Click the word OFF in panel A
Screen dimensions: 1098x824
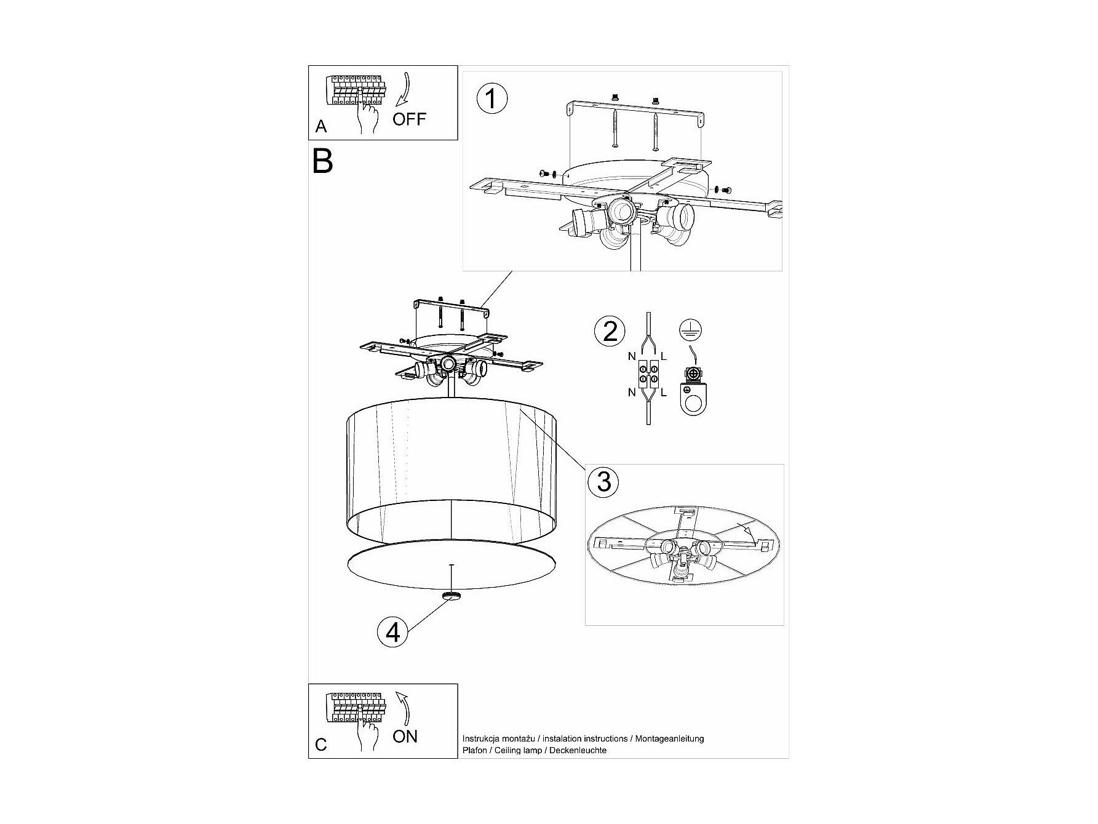pyautogui.click(x=409, y=119)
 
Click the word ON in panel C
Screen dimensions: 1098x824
pyautogui.click(x=405, y=736)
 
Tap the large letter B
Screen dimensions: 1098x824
pyautogui.click(x=322, y=161)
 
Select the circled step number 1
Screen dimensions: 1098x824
pyautogui.click(x=491, y=99)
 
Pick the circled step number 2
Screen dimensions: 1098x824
pyautogui.click(x=610, y=331)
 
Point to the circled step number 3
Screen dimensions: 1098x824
pyautogui.click(x=603, y=481)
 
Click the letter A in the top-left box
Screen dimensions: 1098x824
pyautogui.click(x=320, y=127)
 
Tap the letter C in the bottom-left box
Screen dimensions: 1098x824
pyautogui.click(x=321, y=745)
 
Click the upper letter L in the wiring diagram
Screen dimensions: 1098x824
pyautogui.click(x=663, y=356)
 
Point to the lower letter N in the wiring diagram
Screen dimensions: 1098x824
pyautogui.click(x=632, y=392)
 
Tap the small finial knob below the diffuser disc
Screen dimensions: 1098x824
pyautogui.click(x=452, y=596)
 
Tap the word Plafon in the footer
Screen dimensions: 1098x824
pyautogui.click(x=475, y=750)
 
